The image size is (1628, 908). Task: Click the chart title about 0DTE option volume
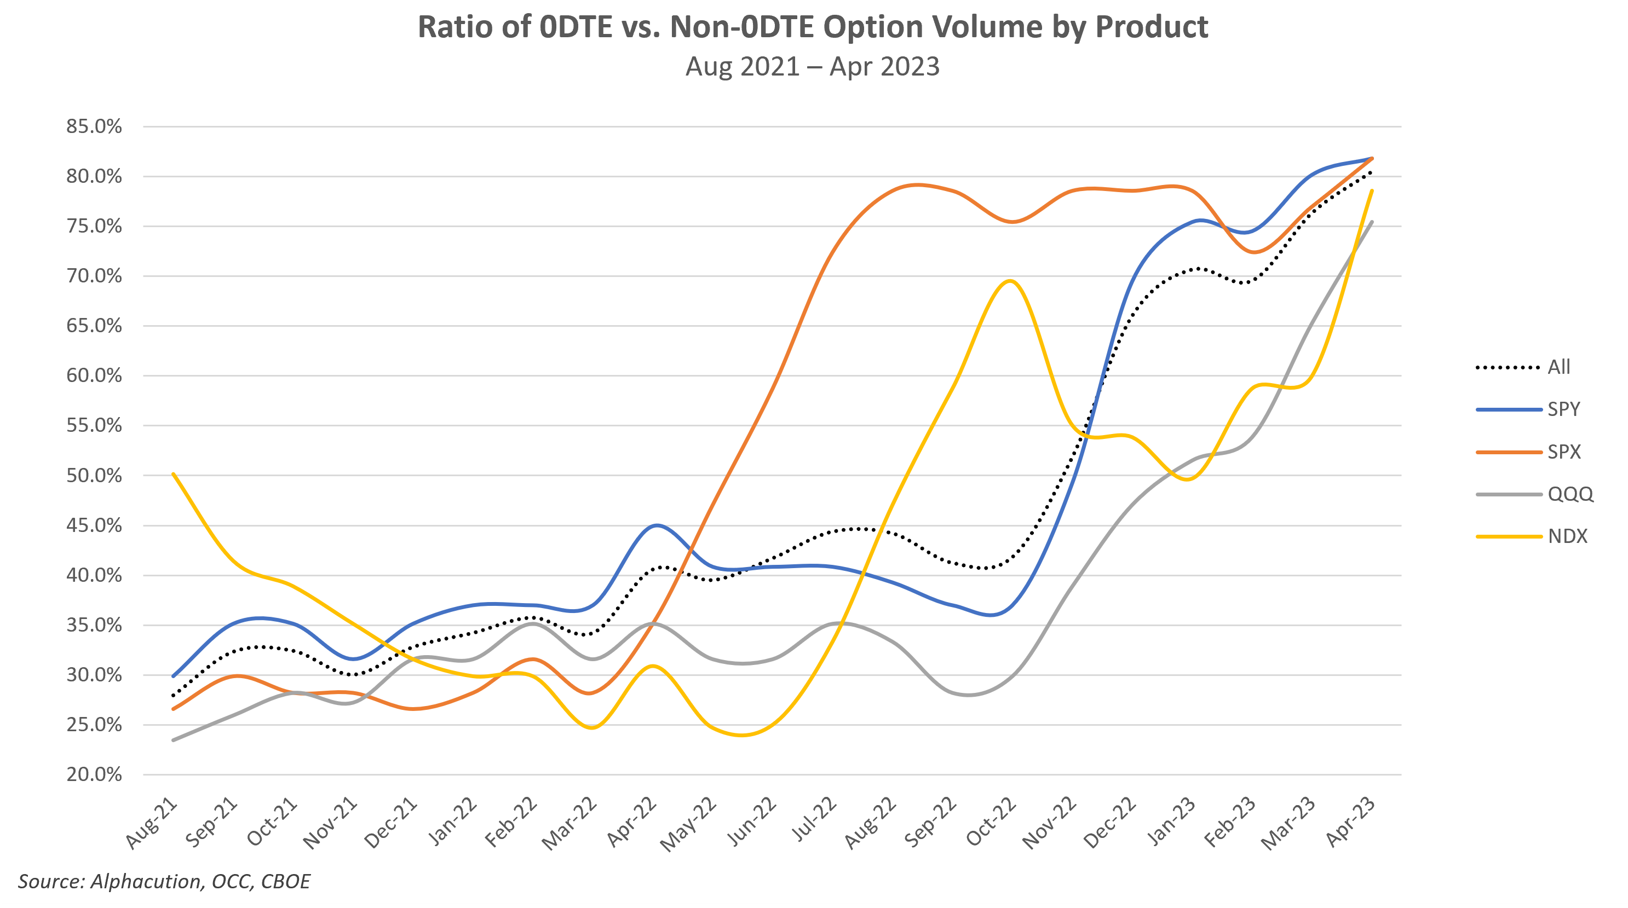[x=813, y=27]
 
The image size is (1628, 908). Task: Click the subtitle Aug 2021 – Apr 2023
[x=813, y=66]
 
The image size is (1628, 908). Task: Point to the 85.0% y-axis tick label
[x=94, y=126]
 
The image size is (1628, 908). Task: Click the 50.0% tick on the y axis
[x=94, y=475]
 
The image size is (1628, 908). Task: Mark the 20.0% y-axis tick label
[x=94, y=774]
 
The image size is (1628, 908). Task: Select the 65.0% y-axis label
[x=94, y=326]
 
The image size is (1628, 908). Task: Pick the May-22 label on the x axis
[x=689, y=825]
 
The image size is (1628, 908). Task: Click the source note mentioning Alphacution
[x=164, y=882]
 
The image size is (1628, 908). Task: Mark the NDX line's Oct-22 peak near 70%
[x=1010, y=281]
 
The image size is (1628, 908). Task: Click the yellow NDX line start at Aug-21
[x=173, y=474]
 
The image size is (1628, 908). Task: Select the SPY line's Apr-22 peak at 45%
[x=657, y=525]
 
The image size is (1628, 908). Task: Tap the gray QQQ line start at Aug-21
[x=173, y=740]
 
